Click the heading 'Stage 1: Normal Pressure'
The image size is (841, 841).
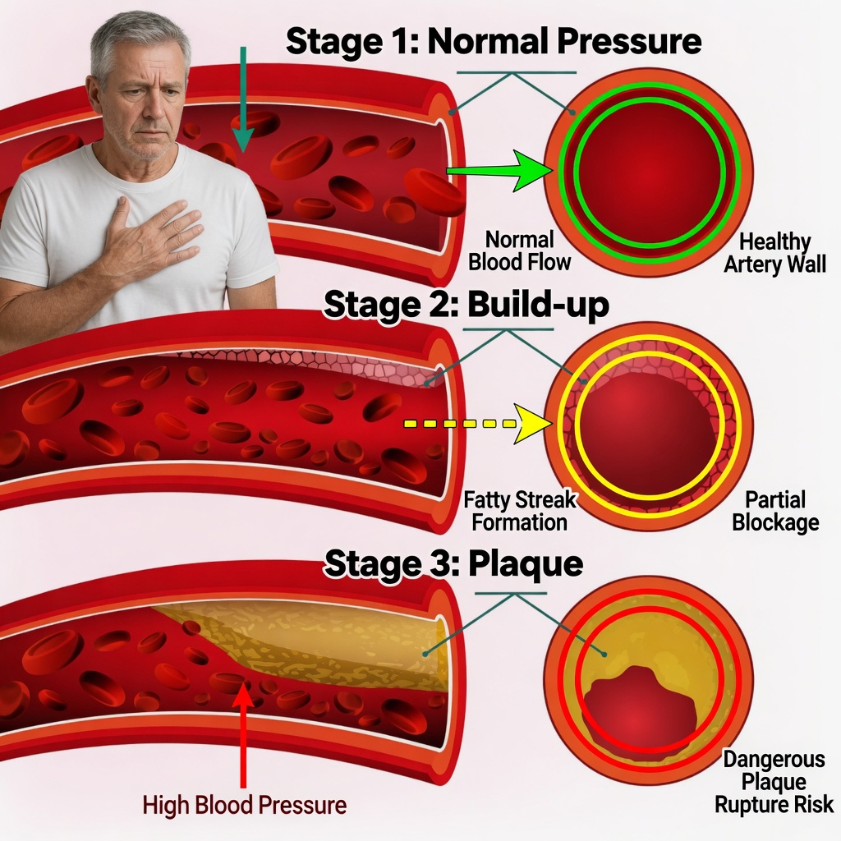[x=494, y=42]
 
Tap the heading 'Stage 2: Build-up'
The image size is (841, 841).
[x=466, y=306]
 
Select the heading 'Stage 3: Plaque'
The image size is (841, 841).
[x=453, y=564]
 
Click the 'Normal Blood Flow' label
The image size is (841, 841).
[x=520, y=250]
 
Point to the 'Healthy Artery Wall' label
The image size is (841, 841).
[x=774, y=253]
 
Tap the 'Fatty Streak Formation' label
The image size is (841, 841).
[x=520, y=510]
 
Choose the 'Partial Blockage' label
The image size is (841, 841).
[x=774, y=510]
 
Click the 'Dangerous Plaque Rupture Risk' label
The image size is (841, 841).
[x=774, y=782]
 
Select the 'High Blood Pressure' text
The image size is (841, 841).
[x=244, y=805]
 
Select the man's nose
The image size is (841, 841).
[x=145, y=115]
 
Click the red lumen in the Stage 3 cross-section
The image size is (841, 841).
[x=641, y=702]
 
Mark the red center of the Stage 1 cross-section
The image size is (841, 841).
[x=650, y=172]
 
